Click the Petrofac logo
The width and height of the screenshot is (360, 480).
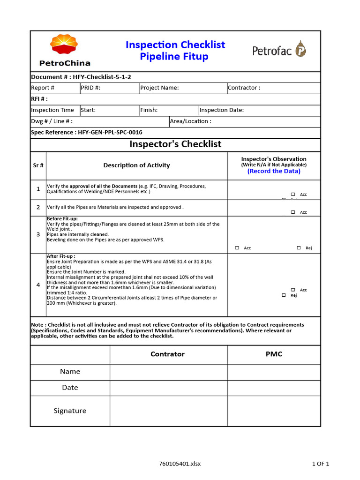click(x=279, y=50)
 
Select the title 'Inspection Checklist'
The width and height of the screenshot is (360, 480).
click(x=175, y=45)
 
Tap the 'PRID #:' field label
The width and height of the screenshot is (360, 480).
click(x=90, y=88)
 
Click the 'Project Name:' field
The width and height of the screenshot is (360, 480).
click(x=159, y=88)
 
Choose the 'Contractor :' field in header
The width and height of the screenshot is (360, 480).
click(x=244, y=88)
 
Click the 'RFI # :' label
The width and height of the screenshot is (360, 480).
click(x=39, y=99)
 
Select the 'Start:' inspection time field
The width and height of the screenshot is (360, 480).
click(x=88, y=110)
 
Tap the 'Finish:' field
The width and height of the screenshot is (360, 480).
click(x=149, y=110)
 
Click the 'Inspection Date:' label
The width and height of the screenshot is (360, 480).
click(x=222, y=110)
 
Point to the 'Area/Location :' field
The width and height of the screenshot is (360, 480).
click(x=190, y=121)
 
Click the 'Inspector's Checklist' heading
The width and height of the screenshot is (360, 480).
click(x=175, y=144)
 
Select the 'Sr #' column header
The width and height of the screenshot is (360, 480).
click(x=38, y=165)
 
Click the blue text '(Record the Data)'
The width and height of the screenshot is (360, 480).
click(x=274, y=171)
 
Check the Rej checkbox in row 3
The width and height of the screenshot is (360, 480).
click(x=299, y=248)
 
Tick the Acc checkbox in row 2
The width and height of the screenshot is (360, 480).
click(x=293, y=212)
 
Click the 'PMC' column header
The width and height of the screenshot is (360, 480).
click(x=274, y=354)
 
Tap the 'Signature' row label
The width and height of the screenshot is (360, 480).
click(x=70, y=411)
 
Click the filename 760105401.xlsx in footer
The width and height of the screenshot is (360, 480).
click(x=180, y=464)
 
